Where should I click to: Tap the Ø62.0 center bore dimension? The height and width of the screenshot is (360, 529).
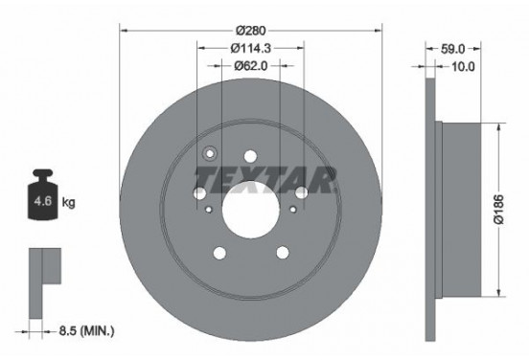click(x=250, y=66)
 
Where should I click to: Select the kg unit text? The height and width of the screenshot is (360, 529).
click(x=68, y=203)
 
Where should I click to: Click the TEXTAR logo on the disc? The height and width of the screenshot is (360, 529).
click(x=264, y=178)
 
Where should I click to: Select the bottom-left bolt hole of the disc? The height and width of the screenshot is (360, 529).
click(x=218, y=253)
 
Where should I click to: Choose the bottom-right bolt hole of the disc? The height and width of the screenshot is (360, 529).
click(x=282, y=253)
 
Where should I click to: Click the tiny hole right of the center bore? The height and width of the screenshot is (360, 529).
click(x=291, y=206)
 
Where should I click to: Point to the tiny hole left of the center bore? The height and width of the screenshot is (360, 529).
click(x=209, y=206)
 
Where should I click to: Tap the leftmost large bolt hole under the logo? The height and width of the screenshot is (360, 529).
click(x=199, y=192)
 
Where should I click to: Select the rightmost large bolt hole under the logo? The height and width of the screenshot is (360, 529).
click(x=301, y=192)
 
